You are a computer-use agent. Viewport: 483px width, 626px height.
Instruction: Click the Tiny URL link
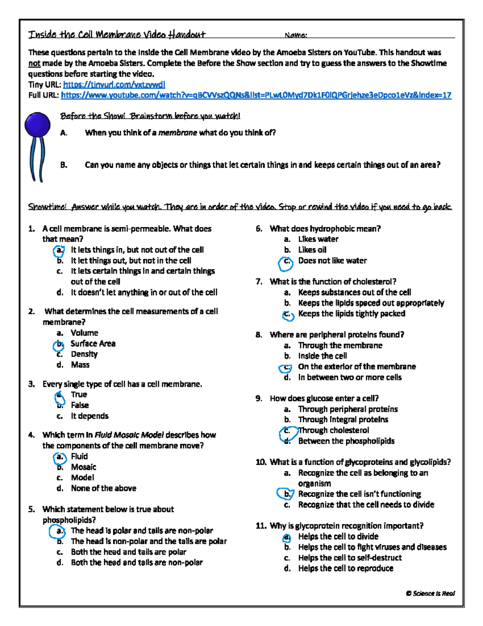click(114, 85)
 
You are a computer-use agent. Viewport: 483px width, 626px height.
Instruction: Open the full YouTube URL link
click(256, 96)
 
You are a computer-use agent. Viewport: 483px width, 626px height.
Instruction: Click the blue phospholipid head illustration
click(37, 125)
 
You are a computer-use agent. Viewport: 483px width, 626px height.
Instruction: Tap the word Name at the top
click(295, 35)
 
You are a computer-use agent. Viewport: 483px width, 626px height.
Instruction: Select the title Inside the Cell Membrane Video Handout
click(117, 34)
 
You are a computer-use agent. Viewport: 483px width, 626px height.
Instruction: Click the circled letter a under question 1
click(59, 251)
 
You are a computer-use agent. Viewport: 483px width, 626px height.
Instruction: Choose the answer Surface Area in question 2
click(93, 343)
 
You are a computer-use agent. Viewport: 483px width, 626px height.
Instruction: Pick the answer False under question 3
click(80, 405)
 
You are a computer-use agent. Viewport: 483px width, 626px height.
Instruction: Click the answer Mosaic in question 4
click(83, 467)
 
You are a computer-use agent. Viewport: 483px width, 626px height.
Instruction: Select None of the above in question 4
click(103, 488)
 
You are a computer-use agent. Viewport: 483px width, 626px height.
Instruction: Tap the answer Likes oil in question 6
click(312, 250)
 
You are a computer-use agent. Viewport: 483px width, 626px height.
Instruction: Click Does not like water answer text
click(332, 261)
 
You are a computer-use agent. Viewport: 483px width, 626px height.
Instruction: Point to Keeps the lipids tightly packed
click(351, 314)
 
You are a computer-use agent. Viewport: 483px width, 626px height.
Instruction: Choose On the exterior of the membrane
click(357, 367)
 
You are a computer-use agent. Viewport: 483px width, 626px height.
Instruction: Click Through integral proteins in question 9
click(343, 420)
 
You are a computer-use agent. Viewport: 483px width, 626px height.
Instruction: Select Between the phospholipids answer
click(346, 441)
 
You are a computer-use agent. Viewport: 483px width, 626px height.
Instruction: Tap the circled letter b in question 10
click(287, 494)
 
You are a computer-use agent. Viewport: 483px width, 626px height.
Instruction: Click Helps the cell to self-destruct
click(350, 558)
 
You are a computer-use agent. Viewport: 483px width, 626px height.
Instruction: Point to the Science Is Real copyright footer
click(430, 593)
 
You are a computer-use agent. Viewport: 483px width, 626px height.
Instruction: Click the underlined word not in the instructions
click(34, 63)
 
